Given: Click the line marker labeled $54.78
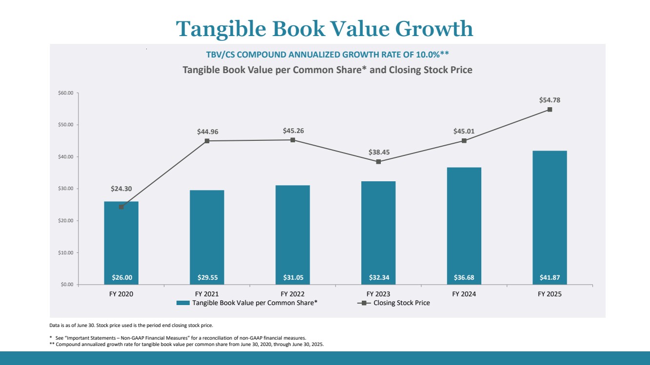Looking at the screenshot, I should [550, 110].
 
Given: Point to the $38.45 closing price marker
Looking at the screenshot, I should [378, 162].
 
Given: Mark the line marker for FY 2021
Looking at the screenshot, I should [207, 141].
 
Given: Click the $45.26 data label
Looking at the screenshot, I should [293, 131].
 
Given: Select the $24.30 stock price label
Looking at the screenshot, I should [121, 188].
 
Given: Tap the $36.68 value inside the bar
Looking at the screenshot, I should [464, 278].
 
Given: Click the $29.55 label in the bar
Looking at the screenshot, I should [207, 278].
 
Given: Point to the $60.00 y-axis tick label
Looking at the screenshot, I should [65, 93].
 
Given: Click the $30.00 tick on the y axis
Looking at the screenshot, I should [65, 189].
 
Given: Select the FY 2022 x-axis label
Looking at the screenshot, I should [293, 294].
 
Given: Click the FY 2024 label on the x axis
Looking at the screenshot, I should [464, 294].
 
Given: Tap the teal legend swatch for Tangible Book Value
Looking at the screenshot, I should [183, 303].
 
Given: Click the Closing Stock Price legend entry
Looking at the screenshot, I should [401, 303].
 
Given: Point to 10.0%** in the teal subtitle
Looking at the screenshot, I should [431, 54].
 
